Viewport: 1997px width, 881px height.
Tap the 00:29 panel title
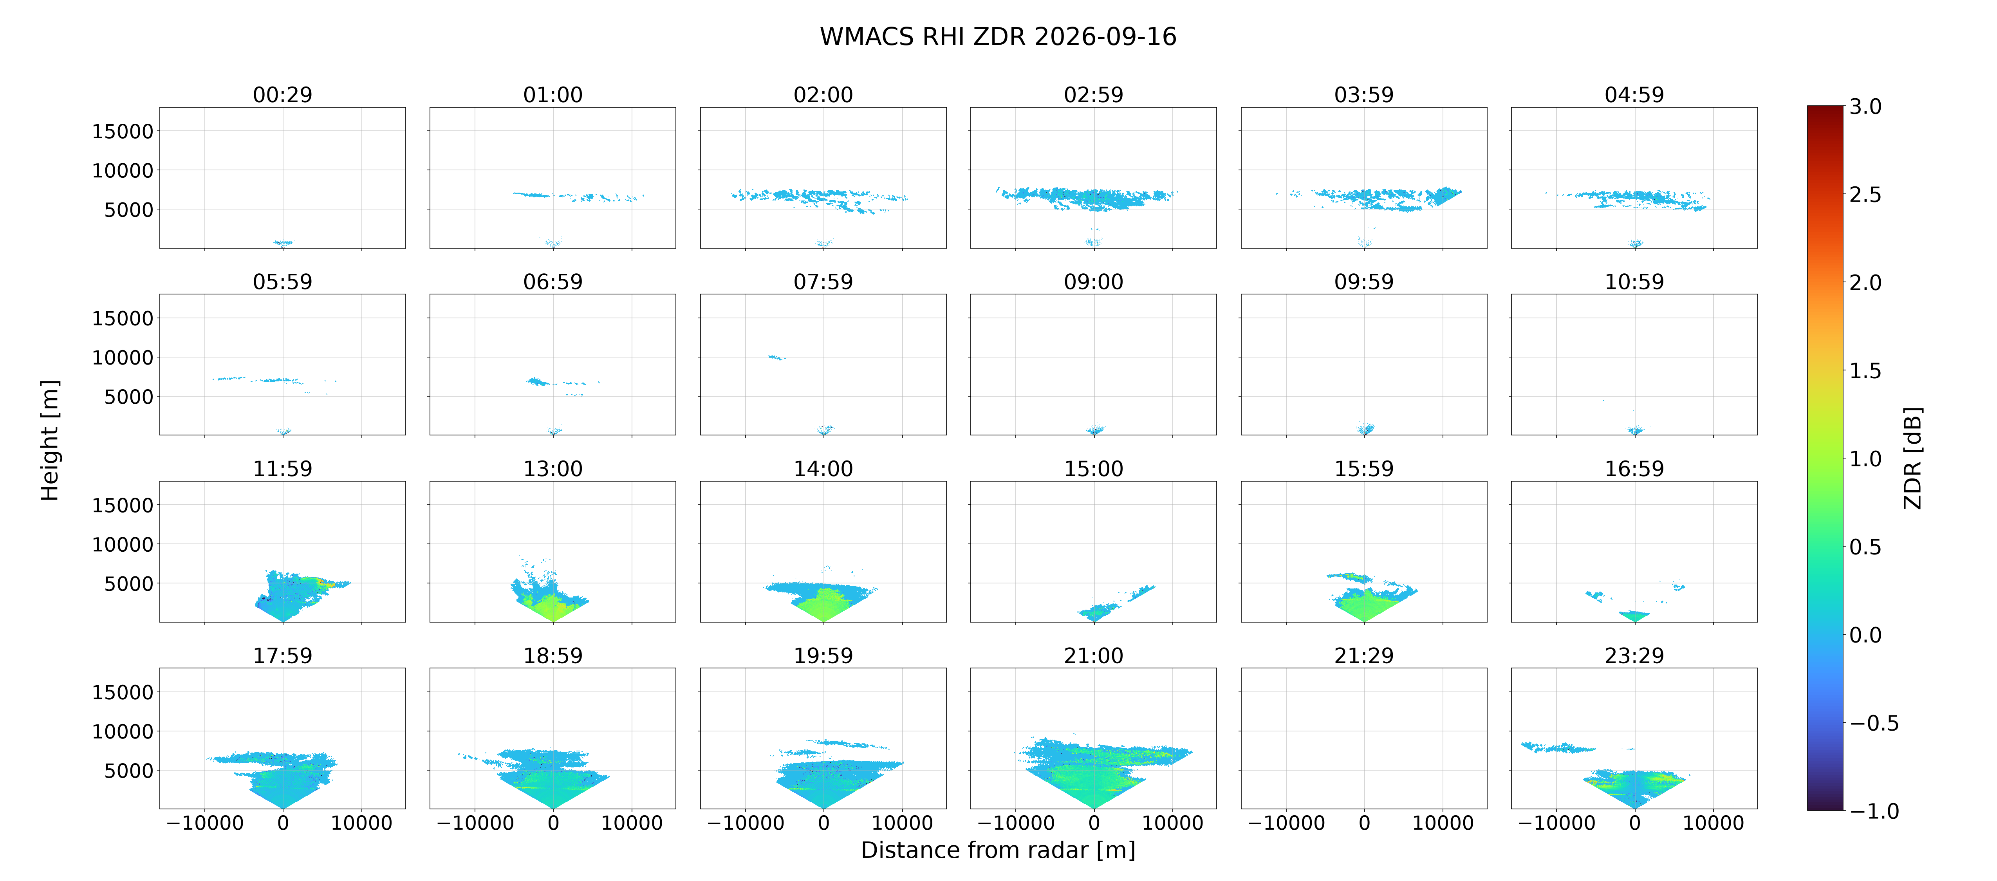click(x=282, y=95)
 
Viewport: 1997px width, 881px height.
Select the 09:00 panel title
click(x=1093, y=282)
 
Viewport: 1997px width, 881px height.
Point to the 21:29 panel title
click(x=1363, y=655)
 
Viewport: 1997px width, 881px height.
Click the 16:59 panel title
click(x=1634, y=468)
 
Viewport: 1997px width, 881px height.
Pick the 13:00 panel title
click(x=553, y=468)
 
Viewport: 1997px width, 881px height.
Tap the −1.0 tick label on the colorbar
click(x=1874, y=811)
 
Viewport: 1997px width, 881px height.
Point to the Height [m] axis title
click(x=50, y=440)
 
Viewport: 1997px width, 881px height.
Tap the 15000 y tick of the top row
click(x=123, y=131)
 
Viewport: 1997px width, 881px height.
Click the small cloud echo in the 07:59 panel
click(x=776, y=357)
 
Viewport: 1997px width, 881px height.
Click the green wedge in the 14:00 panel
click(x=823, y=605)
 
